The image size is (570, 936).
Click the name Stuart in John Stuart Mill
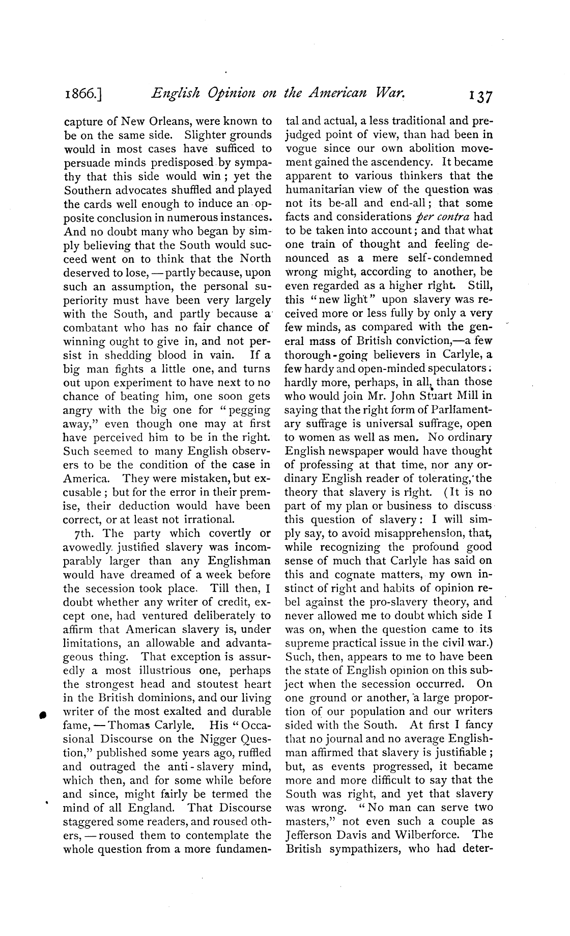click(417, 395)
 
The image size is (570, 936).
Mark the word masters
click(310, 821)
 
